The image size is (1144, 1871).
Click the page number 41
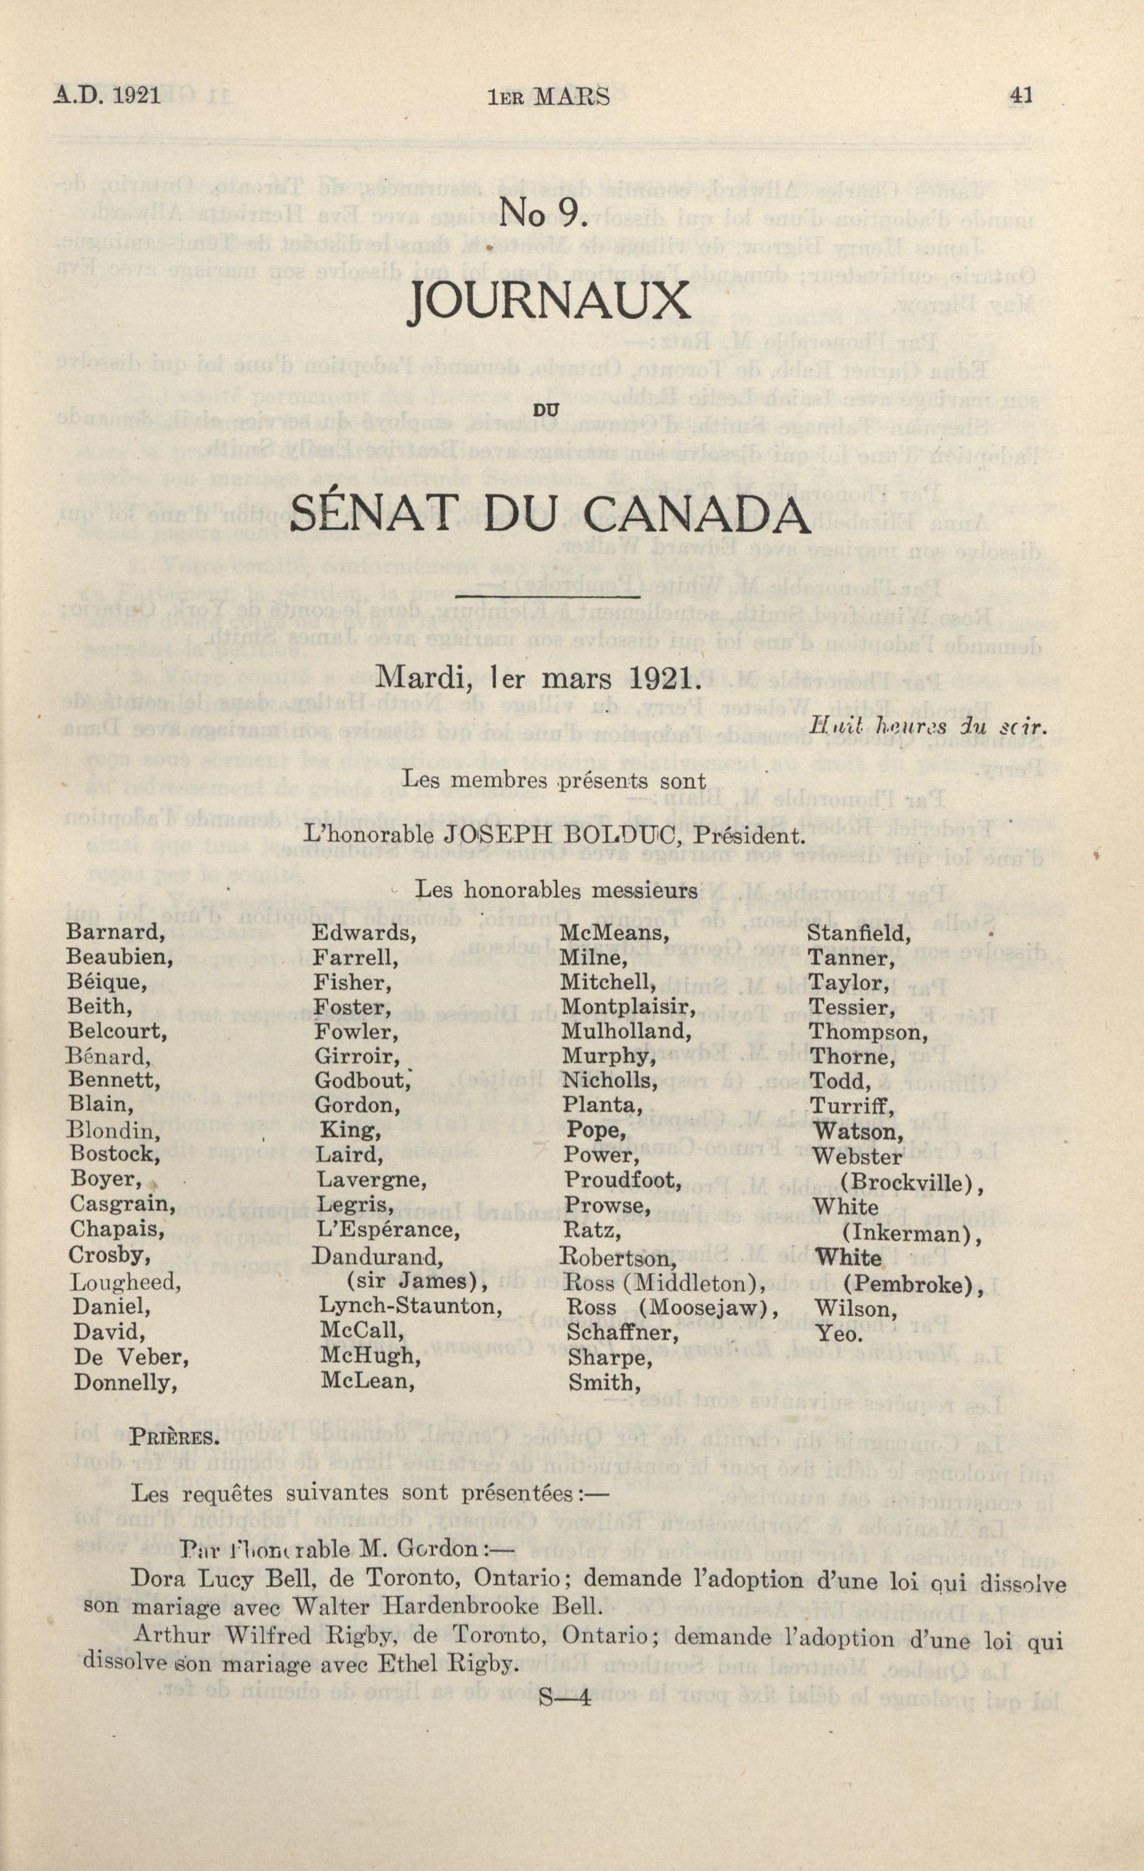point(1020,96)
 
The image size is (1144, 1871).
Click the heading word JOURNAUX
point(549,302)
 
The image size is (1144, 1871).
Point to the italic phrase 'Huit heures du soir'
point(928,726)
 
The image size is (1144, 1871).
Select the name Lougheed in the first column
point(125,1282)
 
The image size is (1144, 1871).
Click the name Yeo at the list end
point(839,1334)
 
